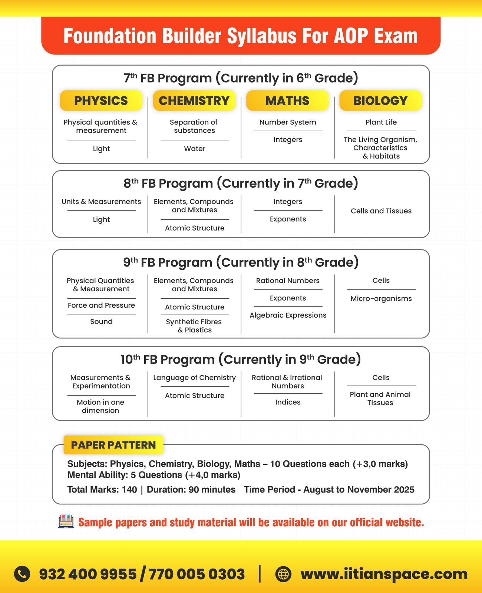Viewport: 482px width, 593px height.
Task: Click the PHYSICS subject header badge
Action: [101, 101]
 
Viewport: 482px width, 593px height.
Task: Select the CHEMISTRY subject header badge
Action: [194, 101]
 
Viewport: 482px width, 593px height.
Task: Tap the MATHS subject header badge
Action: [287, 101]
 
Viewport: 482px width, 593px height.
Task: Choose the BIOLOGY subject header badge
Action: [380, 101]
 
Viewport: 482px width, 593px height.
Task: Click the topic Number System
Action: [288, 122]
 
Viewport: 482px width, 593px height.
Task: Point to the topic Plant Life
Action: [381, 122]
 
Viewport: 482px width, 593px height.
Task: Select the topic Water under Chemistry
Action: [195, 149]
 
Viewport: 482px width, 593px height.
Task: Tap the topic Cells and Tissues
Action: [381, 211]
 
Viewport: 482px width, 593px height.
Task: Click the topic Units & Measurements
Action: [101, 202]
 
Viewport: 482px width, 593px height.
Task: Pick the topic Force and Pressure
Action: [101, 305]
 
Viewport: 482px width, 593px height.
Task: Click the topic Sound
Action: [101, 322]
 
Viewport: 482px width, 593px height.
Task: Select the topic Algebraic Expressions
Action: [288, 315]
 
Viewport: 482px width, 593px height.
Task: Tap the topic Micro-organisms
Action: [381, 299]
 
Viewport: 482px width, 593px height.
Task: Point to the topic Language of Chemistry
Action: [195, 378]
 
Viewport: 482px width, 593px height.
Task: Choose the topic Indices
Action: [288, 402]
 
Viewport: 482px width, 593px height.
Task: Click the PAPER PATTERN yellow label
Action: [113, 445]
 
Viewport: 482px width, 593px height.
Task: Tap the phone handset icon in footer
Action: [22, 574]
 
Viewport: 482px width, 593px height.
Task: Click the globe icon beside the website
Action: [284, 574]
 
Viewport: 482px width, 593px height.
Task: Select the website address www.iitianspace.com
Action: [384, 574]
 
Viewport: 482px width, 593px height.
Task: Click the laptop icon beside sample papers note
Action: [66, 522]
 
